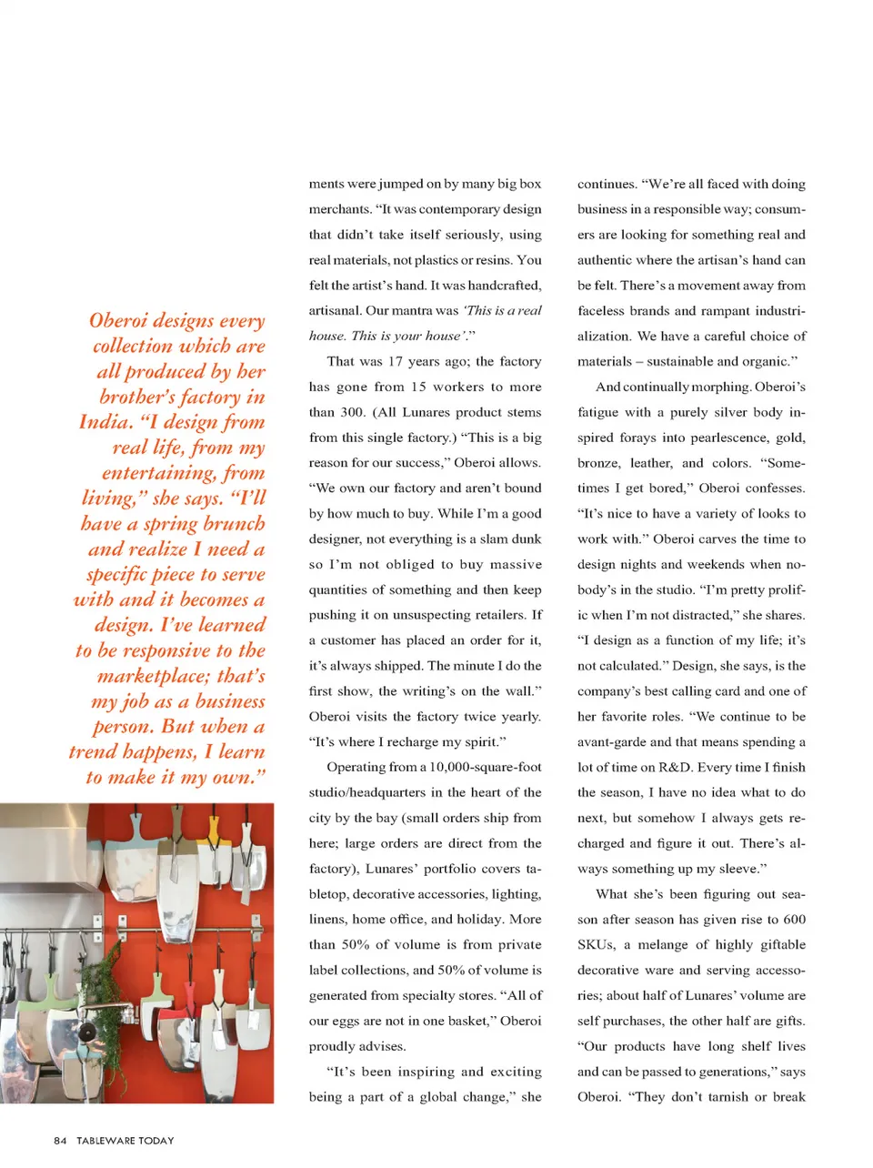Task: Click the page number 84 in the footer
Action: click(60, 1141)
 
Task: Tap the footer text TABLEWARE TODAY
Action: click(125, 1141)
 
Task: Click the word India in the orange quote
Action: click(105, 422)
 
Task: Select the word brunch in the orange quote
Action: click(234, 524)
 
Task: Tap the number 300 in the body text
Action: click(352, 412)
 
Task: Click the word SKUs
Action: click(596, 945)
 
